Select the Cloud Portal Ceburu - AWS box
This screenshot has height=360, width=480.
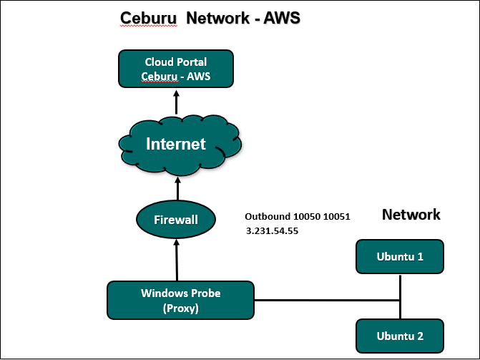(176, 69)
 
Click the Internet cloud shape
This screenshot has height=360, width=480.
(176, 145)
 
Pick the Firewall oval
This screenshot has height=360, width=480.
(176, 220)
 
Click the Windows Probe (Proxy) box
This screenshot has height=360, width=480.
(180, 300)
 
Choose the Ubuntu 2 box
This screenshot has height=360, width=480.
(400, 335)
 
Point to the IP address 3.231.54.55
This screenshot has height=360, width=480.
(271, 232)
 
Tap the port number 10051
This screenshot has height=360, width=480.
(335, 216)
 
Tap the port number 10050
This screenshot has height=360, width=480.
(306, 216)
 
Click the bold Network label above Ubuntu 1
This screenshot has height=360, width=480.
(411, 214)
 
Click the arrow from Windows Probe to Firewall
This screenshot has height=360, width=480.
(176, 261)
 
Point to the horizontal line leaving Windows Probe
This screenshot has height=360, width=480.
(322, 301)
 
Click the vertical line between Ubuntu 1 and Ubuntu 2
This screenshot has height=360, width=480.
(401, 297)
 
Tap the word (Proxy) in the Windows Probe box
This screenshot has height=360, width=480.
(180, 308)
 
